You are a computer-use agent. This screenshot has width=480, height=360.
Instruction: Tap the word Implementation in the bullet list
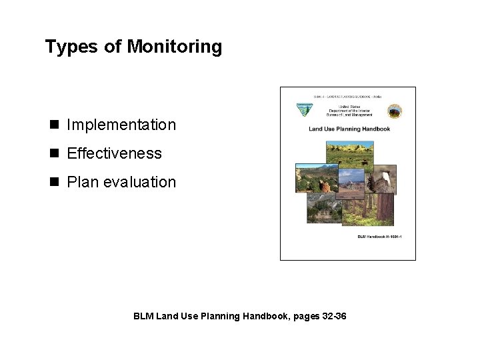coord(121,125)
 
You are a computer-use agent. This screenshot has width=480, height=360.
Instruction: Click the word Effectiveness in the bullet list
coord(114,153)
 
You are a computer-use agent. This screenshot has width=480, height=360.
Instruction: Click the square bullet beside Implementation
coord(53,125)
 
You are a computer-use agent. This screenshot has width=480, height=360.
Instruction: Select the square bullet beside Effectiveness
coord(53,153)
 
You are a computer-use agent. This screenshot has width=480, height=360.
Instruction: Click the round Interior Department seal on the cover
coord(394,111)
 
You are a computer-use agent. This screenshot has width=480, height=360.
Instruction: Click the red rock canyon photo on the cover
coord(310,179)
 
